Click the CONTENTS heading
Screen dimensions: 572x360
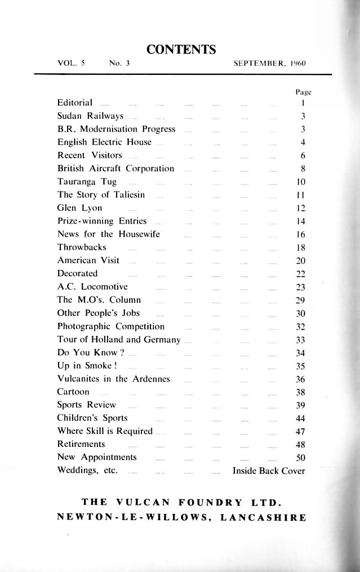[181, 50]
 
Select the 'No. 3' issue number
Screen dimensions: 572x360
[119, 64]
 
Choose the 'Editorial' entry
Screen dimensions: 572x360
[75, 103]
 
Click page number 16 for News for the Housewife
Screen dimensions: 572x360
[300, 234]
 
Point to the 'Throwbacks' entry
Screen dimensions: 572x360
[82, 247]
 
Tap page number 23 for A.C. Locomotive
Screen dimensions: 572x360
[300, 287]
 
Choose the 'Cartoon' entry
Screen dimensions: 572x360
[73, 392]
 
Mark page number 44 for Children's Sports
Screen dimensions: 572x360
[300, 418]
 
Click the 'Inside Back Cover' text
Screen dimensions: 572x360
[269, 471]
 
